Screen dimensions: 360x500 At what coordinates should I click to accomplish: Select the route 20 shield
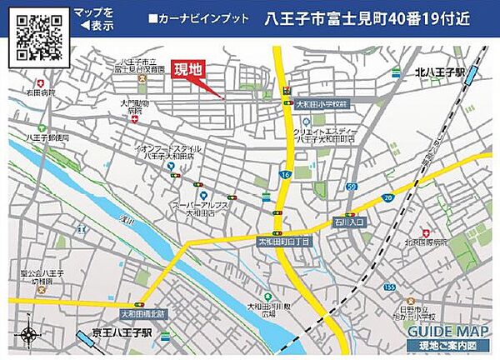pos(387,197)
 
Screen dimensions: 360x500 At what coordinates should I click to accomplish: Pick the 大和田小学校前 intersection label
pos(325,103)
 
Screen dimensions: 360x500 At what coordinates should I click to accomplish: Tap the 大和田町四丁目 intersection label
pos(282,241)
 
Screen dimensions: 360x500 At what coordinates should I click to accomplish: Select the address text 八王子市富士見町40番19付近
pos(370,18)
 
